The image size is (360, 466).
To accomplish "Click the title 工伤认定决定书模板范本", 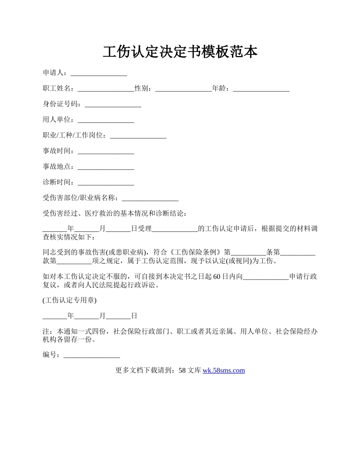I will [180, 52].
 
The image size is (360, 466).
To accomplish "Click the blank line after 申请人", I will [99, 73].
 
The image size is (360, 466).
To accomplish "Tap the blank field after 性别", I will [183, 89].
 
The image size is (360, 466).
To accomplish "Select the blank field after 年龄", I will [261, 89].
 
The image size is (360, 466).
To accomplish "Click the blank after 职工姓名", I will [106, 89].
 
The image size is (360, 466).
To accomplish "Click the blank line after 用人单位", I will [106, 120].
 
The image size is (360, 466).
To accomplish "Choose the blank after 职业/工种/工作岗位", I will [138, 136].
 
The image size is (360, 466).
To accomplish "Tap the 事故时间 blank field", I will [106, 151].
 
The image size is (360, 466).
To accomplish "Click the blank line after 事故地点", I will [106, 167].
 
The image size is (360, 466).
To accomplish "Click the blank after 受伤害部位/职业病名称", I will [150, 198].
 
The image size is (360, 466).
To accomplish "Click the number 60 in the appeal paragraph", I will [217, 277].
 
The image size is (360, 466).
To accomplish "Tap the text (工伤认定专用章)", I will [70, 300].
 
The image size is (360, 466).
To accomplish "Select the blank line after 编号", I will [92, 355].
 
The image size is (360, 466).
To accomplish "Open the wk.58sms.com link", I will [224, 371].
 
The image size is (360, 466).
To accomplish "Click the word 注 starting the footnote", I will [46, 332].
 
